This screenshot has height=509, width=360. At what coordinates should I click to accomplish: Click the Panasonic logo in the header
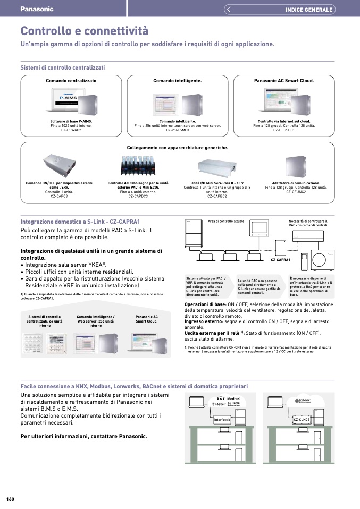(37, 9)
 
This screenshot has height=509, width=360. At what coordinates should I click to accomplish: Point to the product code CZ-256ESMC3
(178, 130)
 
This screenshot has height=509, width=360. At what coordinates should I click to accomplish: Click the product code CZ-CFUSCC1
(284, 130)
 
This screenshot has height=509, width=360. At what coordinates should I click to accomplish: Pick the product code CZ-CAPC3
(59, 196)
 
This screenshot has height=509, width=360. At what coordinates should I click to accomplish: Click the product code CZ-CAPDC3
(138, 196)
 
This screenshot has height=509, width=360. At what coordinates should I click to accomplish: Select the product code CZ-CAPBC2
(217, 196)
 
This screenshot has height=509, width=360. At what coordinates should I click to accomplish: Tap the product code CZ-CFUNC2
(296, 192)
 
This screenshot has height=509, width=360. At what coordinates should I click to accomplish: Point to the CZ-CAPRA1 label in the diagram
(280, 260)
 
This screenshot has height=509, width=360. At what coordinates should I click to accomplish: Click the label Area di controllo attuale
(226, 221)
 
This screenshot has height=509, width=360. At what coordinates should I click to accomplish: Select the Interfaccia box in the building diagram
(222, 420)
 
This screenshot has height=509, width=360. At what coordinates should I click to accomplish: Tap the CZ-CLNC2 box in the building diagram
(302, 420)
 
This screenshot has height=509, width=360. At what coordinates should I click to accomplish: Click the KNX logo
(221, 398)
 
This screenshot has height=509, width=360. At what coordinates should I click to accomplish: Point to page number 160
(10, 499)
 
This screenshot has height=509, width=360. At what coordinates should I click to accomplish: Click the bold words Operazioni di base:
(204, 304)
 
